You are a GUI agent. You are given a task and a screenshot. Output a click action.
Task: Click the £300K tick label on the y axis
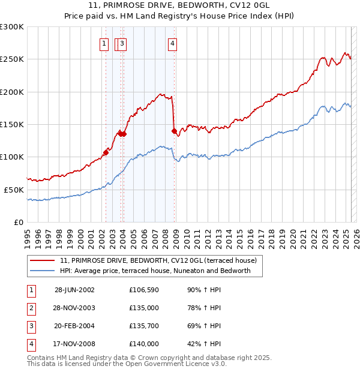click(x=12, y=27)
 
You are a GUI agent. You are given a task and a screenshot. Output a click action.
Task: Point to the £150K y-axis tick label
click(x=12, y=125)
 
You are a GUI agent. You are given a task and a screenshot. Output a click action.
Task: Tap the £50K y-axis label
click(x=14, y=190)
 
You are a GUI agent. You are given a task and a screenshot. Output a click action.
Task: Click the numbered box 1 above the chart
click(x=104, y=43)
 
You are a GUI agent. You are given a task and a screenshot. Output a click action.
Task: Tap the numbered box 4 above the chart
click(x=172, y=43)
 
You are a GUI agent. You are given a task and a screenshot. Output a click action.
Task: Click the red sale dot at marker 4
click(x=174, y=131)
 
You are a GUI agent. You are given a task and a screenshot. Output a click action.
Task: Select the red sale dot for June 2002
click(x=106, y=152)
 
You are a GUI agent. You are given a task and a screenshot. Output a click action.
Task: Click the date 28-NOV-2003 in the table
click(x=74, y=308)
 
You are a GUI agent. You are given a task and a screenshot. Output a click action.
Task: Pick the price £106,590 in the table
click(x=144, y=290)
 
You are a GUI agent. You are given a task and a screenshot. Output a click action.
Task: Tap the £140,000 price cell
click(x=144, y=344)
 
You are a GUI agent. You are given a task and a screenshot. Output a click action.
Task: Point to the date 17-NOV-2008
click(x=74, y=344)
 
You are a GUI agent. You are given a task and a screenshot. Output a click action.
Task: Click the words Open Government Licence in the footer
click(x=180, y=364)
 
